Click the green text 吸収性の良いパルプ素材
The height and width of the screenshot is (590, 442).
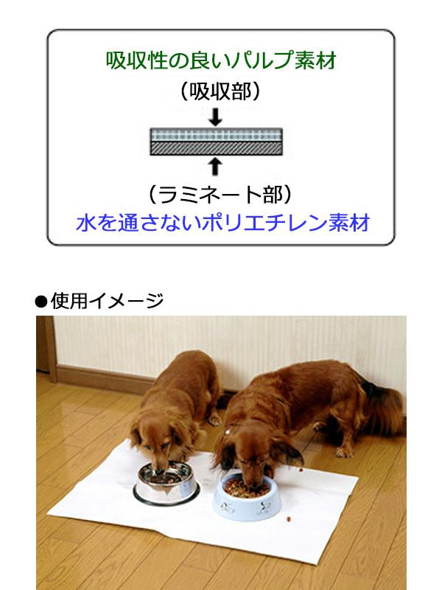pos(220,60)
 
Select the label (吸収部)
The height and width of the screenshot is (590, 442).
pos(220,91)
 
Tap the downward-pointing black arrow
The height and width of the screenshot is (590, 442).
pos(215,117)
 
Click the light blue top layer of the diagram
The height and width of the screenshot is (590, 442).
pos(216,135)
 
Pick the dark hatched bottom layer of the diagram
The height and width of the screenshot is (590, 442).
pos(216,148)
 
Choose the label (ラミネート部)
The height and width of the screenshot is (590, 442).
pos(220,195)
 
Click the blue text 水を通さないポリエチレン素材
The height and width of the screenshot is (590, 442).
pos(222,223)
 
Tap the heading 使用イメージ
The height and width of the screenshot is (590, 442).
pos(107,301)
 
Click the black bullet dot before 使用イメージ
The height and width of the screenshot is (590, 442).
pos(41,302)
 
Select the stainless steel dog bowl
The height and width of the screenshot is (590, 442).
pos(166,483)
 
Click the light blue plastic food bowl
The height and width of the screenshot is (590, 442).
pos(246,496)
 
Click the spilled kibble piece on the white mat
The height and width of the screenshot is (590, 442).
pos(289,519)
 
